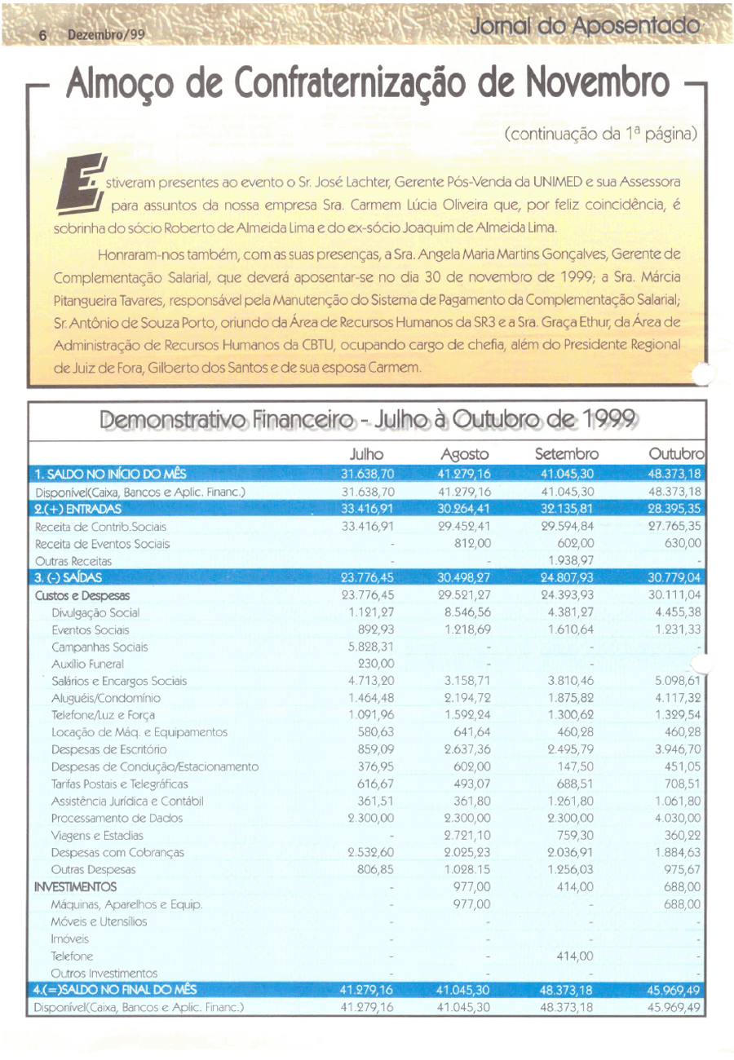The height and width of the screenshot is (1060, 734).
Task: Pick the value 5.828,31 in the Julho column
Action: coord(372,647)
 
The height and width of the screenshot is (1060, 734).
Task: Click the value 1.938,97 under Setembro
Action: coord(568,561)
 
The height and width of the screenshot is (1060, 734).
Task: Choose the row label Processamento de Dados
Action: coord(117,818)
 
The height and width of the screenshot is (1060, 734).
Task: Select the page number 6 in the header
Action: coord(44,36)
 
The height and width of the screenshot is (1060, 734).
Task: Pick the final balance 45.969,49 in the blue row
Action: coord(673,990)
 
